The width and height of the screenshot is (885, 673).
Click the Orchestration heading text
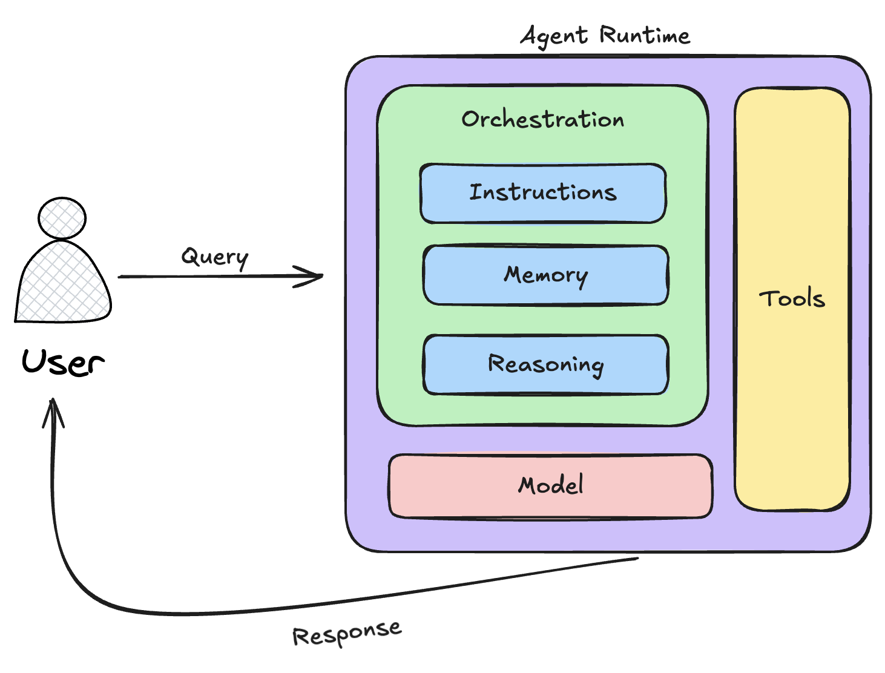tap(542, 119)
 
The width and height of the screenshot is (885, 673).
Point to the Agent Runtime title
tap(605, 36)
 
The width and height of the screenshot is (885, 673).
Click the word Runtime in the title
tap(645, 36)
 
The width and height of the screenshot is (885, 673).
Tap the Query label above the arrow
tap(215, 257)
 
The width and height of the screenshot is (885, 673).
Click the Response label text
tap(347, 633)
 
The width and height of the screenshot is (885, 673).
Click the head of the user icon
tap(62, 218)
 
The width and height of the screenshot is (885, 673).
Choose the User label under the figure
tap(63, 363)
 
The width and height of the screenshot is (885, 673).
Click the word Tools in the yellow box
tap(792, 298)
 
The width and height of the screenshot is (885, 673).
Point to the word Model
tap(551, 485)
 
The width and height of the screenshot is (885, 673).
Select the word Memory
tap(546, 275)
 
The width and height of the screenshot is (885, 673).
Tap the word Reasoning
tap(546, 364)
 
